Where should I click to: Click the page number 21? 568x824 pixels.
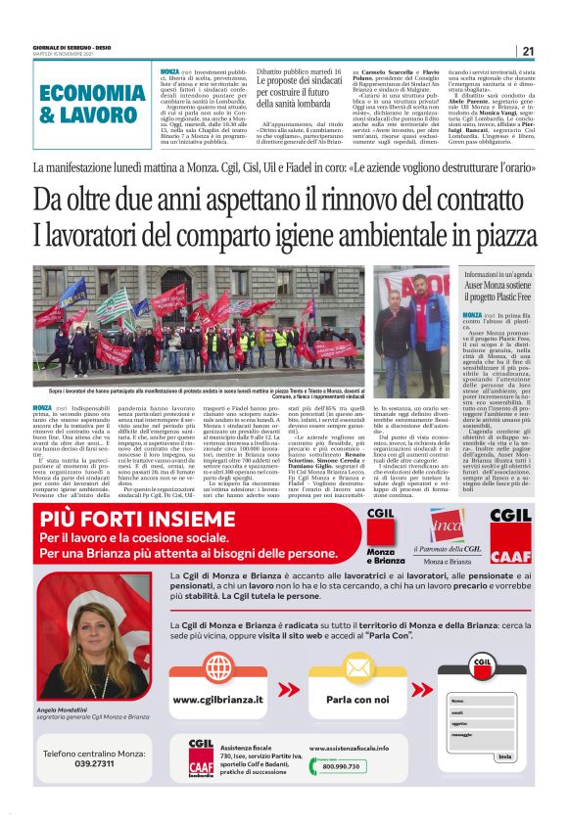tap(528, 51)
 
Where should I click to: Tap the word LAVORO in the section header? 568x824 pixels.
tap(108, 115)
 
